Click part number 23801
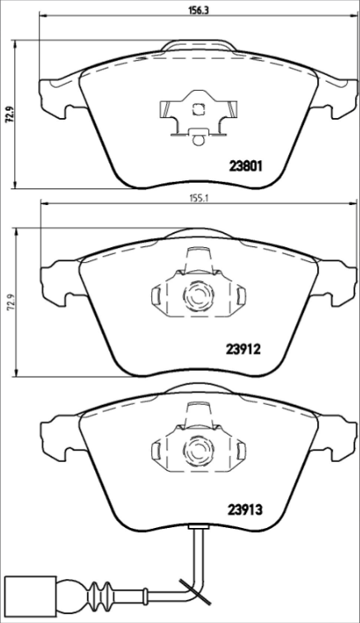tap(244, 164)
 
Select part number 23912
tap(243, 350)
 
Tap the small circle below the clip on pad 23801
tap(197, 139)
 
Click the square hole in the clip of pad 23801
tap(198, 109)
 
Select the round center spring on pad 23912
tap(198, 294)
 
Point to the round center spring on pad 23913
tap(198, 450)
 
